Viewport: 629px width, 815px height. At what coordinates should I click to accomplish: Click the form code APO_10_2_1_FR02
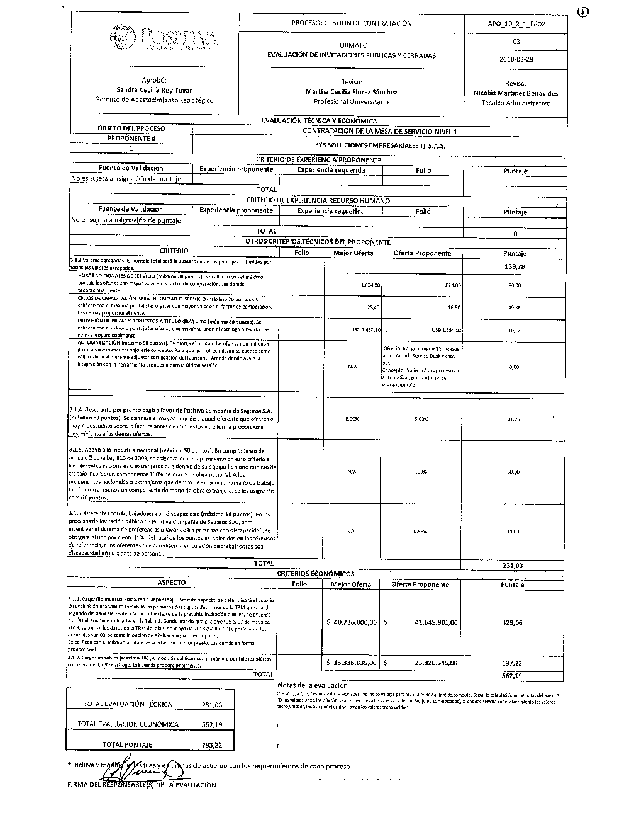516,24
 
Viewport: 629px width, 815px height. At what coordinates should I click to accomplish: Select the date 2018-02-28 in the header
516,59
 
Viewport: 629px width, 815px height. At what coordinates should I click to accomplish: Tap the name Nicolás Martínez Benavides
516,93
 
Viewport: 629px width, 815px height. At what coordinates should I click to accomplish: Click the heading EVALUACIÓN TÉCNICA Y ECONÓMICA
319,121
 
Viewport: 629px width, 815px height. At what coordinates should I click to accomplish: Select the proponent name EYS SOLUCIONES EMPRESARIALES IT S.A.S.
380,145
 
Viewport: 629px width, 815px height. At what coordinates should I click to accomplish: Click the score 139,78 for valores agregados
515,266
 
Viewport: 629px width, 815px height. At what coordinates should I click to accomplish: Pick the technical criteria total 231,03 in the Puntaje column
513,566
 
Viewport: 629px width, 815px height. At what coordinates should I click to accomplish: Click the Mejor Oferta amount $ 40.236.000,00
352,622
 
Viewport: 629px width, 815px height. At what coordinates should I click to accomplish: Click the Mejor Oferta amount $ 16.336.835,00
352,663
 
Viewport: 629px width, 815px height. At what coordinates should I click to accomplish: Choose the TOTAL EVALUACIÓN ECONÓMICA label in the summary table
128,724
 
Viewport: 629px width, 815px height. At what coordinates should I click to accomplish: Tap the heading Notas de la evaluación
312,685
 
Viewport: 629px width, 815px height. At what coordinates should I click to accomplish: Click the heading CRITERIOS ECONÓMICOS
316,574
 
